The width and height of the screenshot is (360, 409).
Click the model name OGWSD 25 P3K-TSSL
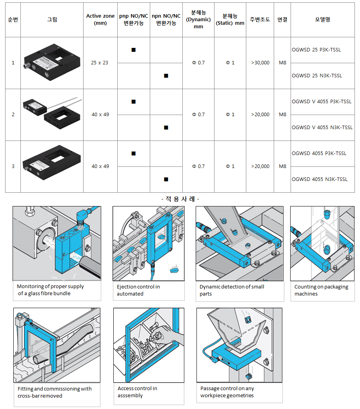coord(316,50)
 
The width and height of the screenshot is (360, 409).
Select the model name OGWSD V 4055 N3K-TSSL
coord(322,127)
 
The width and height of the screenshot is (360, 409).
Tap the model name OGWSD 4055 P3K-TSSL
coord(319,153)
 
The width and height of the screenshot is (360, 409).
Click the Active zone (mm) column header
coord(100,19)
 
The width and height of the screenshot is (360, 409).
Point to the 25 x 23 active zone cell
coord(100,63)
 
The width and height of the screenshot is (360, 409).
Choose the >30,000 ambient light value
coord(260,63)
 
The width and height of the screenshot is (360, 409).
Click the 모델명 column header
coord(322,19)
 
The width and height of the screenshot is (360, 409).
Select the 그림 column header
coord(52,19)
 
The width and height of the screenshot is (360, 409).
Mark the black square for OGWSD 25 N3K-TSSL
coord(166,76)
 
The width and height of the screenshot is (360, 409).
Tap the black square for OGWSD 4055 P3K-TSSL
coord(133,153)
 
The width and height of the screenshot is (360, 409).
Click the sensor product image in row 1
coord(52,63)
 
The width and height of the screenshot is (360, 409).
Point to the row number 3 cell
coord(13,166)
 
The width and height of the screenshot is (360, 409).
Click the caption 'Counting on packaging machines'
coord(321,290)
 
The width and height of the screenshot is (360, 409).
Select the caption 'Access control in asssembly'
coord(137,392)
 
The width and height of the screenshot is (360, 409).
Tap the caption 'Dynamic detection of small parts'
coord(232,290)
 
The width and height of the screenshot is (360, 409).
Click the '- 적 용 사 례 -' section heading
coord(180,199)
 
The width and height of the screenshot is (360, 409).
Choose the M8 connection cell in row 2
coord(282,115)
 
